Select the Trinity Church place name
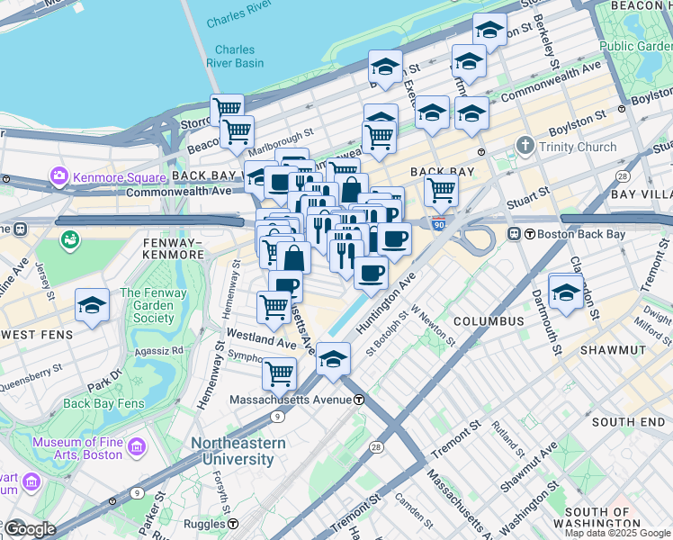[578, 147]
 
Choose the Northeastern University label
[238, 451]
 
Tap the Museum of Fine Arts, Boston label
[76, 448]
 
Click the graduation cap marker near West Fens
[92, 306]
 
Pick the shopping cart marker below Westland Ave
[280, 371]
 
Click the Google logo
[29, 528]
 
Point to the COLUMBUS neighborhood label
[489, 321]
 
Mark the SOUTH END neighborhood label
[628, 421]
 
